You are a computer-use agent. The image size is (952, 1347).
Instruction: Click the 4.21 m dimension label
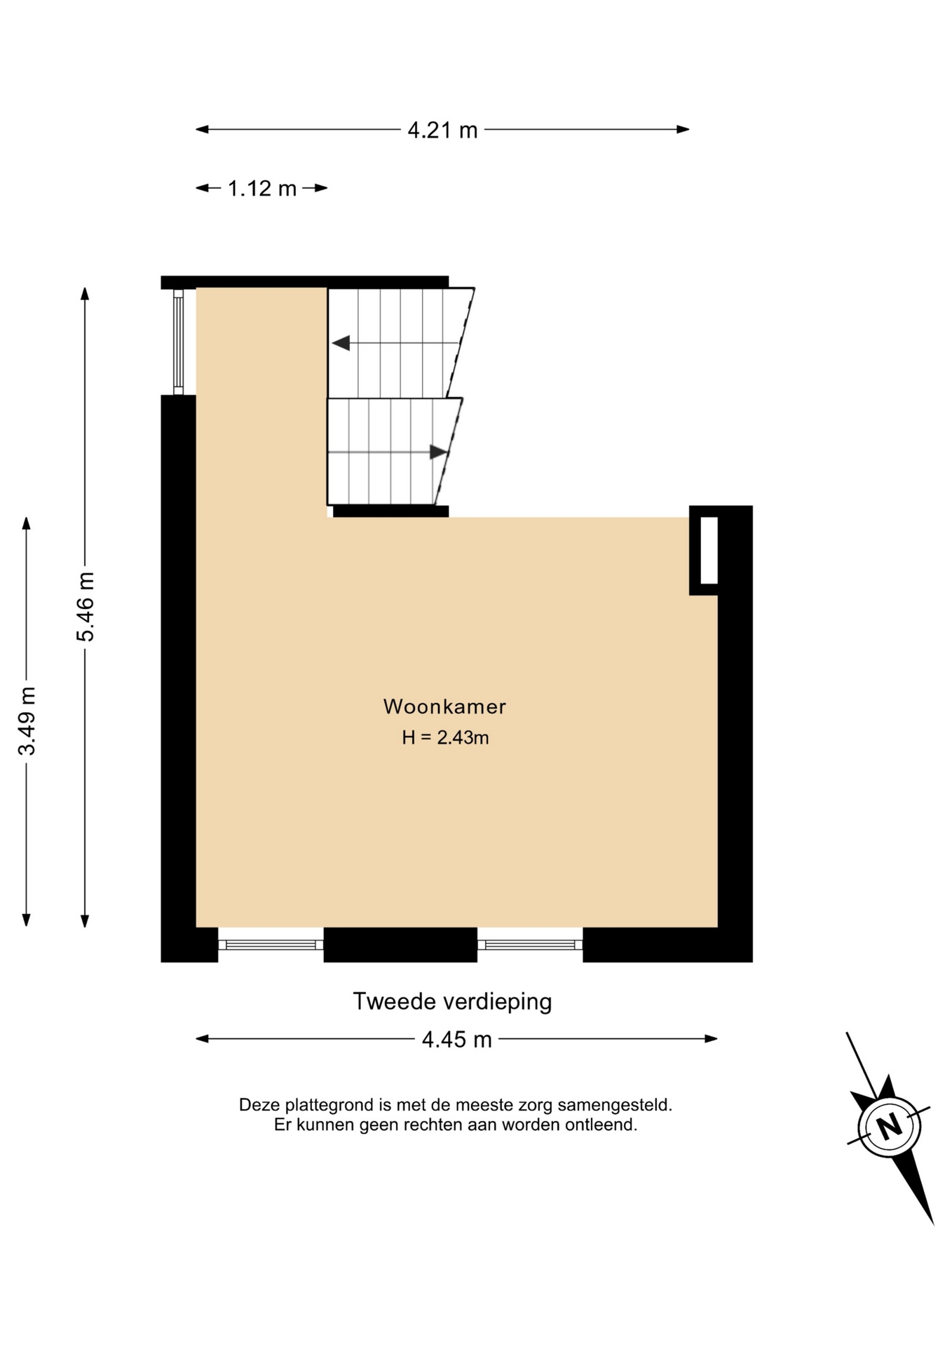[442, 130]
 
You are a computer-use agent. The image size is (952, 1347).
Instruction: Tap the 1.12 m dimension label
[262, 188]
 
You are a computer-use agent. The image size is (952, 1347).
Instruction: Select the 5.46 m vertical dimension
[85, 607]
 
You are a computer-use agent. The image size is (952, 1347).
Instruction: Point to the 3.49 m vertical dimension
[27, 721]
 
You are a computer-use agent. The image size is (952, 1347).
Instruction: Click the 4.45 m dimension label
[456, 1039]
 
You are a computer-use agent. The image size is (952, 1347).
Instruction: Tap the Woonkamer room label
[444, 706]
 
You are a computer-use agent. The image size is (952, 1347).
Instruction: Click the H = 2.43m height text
[445, 737]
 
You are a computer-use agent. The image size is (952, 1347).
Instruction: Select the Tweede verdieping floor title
[452, 1001]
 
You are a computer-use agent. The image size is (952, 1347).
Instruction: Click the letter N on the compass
[890, 1127]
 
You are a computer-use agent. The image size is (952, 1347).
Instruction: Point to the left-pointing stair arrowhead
[341, 343]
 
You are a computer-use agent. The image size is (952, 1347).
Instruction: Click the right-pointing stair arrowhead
[439, 453]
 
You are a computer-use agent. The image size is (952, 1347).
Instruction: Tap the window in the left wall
[179, 342]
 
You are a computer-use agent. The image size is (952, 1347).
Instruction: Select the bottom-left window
[271, 945]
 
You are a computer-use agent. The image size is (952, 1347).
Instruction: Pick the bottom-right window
[530, 945]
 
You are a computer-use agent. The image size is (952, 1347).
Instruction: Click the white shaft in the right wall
[709, 550]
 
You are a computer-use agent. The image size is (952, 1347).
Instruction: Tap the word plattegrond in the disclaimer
[319, 1106]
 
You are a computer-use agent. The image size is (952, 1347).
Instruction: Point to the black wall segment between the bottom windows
[400, 944]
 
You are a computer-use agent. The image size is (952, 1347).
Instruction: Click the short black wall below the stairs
[390, 511]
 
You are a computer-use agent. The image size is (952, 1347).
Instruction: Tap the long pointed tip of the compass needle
[933, 1224]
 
